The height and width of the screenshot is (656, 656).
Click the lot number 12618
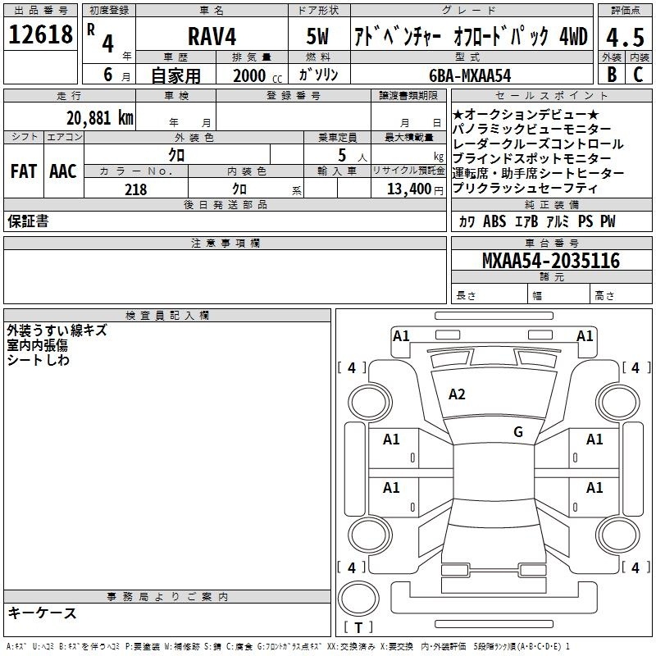(40, 34)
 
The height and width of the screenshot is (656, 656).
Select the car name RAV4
(212, 36)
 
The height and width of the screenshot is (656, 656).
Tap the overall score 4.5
(625, 37)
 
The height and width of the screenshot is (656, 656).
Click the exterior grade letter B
(612, 75)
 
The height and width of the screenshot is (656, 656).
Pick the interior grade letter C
(638, 75)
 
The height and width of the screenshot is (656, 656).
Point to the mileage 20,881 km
(100, 118)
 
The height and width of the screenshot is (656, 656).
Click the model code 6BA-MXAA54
(470, 75)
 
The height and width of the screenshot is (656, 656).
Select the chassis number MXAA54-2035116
(551, 261)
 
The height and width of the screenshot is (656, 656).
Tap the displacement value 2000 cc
(257, 75)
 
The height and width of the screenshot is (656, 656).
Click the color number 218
(135, 189)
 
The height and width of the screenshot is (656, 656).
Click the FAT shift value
(24, 171)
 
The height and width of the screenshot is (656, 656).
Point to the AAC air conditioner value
(63, 171)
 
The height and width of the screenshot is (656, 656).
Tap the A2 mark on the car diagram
(457, 394)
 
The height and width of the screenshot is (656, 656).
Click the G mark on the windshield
(518, 432)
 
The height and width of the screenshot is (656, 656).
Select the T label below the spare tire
(358, 627)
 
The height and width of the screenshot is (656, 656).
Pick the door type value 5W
(317, 36)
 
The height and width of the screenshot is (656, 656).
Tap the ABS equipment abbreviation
(494, 221)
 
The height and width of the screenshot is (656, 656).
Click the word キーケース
(43, 613)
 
